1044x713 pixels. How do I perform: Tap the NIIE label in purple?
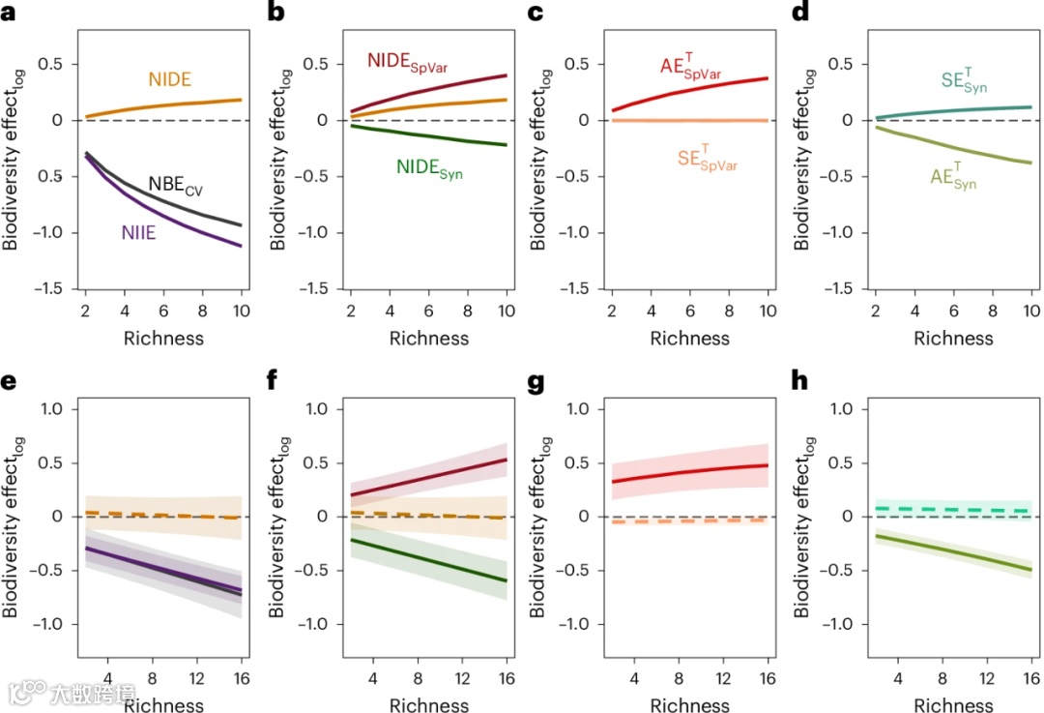point(139,232)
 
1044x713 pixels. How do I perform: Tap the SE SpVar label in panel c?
point(707,160)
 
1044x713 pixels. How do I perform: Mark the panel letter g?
point(536,381)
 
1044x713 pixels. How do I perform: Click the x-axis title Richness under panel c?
point(690,339)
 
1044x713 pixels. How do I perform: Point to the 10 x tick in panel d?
point(1031,312)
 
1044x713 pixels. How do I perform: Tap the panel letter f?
point(273,381)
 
